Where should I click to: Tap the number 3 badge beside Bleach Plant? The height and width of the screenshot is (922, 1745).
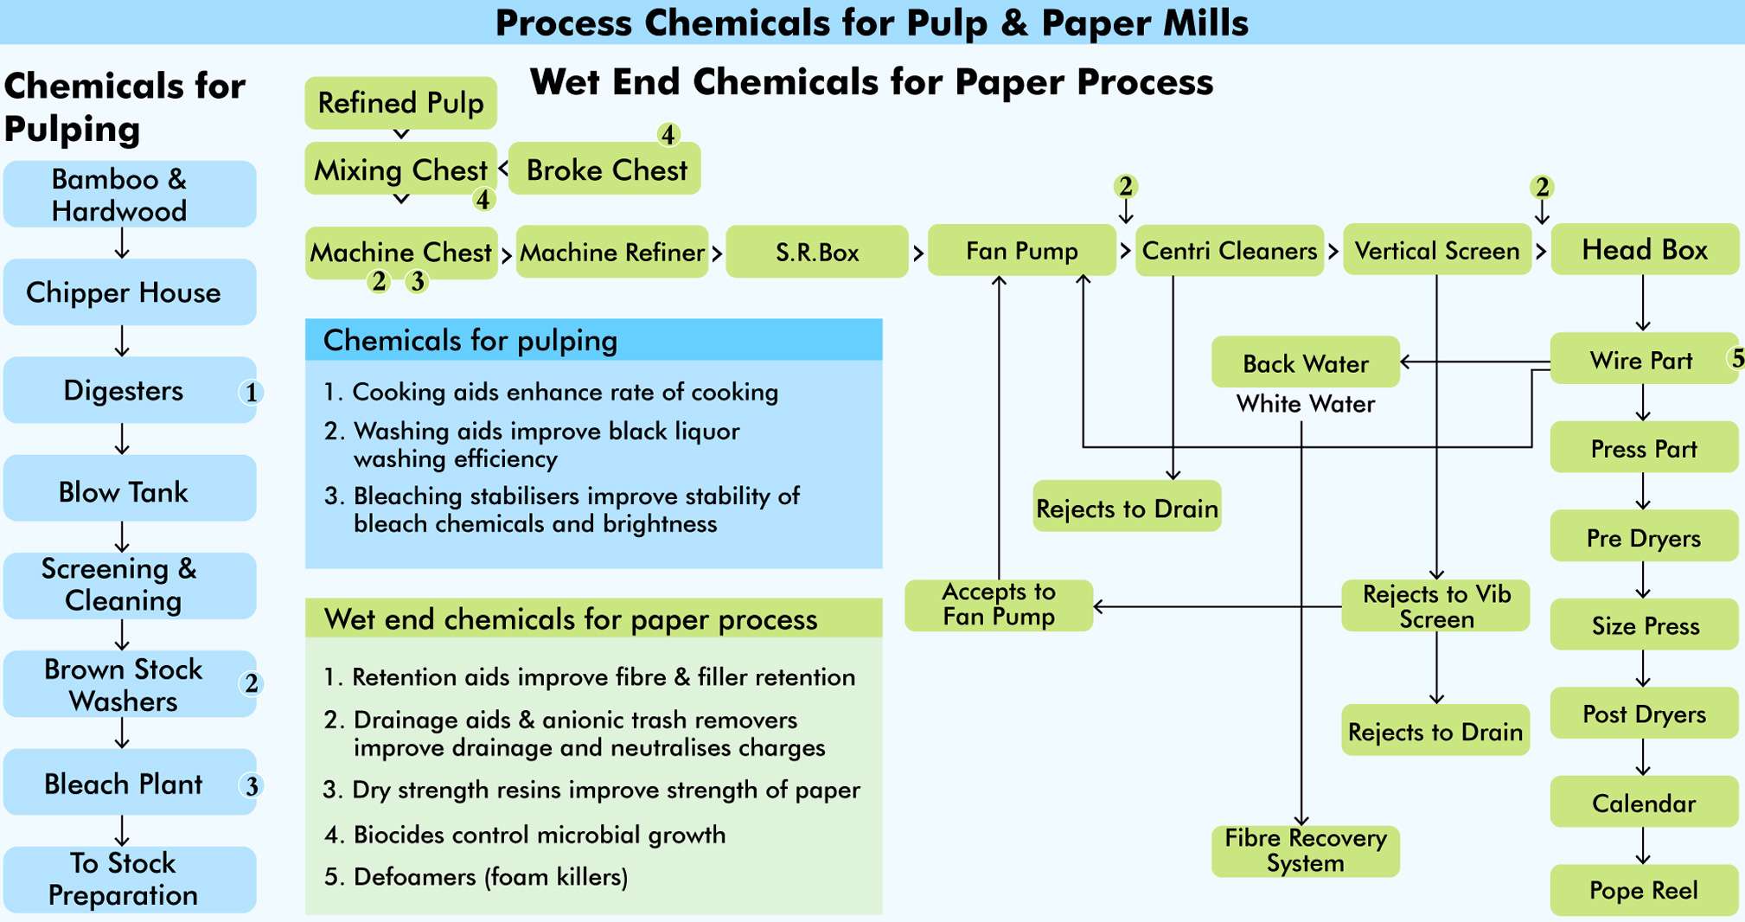[251, 785]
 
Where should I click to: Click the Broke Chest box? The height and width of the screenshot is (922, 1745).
[605, 170]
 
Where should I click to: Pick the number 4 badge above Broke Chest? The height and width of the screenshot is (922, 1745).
[668, 135]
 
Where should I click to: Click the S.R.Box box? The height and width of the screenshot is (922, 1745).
[816, 252]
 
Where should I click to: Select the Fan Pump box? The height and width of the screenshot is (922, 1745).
[1021, 251]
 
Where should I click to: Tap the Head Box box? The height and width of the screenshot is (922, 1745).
[1644, 250]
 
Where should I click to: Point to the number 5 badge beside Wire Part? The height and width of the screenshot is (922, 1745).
[1735, 358]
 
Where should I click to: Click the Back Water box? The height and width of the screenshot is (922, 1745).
[1305, 362]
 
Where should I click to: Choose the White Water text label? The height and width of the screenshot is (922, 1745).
[1305, 404]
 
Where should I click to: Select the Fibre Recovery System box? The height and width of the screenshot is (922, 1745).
[1305, 851]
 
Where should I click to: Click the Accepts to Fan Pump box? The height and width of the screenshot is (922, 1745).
[998, 605]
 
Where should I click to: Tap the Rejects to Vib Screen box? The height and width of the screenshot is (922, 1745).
[1435, 606]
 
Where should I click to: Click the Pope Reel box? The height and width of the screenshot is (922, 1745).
[1643, 890]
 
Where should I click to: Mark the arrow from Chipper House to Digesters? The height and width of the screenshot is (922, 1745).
[122, 342]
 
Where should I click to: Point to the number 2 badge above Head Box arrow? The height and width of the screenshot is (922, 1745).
[1542, 187]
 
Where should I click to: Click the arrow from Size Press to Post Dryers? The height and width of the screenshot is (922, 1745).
[1643, 669]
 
